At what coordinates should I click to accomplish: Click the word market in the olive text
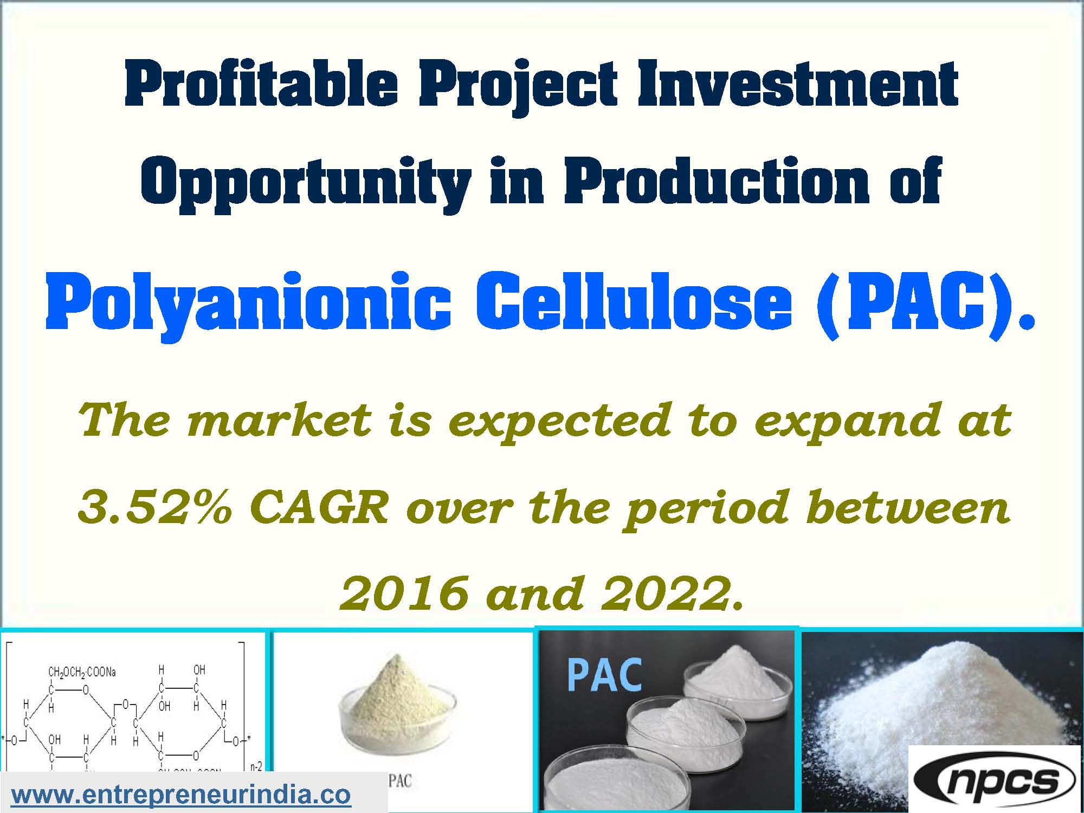tap(279, 420)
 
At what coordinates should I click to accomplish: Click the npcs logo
tap(995, 780)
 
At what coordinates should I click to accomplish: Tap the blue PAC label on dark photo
tap(604, 675)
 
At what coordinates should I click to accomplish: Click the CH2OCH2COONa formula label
tap(82, 673)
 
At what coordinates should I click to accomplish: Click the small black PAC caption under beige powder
tap(400, 781)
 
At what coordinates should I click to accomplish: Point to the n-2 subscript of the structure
tap(256, 767)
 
